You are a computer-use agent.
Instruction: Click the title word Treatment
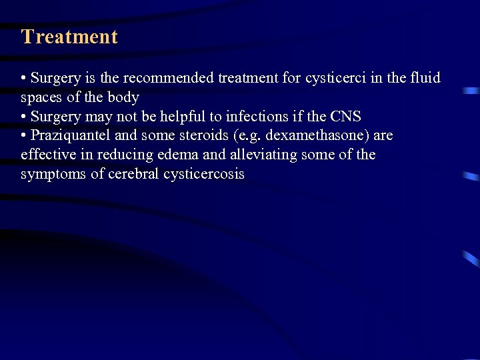pyautogui.click(x=69, y=37)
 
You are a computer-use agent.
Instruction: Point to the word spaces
pyautogui.click(x=41, y=97)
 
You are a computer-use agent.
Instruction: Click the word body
pyautogui.click(x=124, y=97)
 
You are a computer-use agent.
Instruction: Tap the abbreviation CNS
pyautogui.click(x=345, y=117)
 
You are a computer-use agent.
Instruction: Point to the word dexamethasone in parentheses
pyautogui.click(x=317, y=136)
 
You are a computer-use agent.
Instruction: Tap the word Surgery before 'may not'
pyautogui.click(x=54, y=117)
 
